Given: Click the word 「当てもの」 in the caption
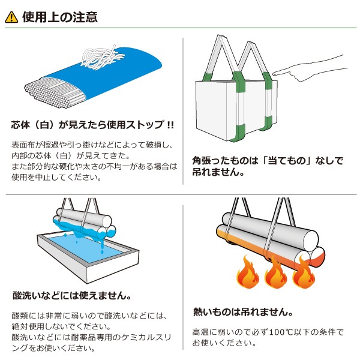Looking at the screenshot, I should pos(295,161).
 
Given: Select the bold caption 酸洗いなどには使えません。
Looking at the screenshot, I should pos(72,296).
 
